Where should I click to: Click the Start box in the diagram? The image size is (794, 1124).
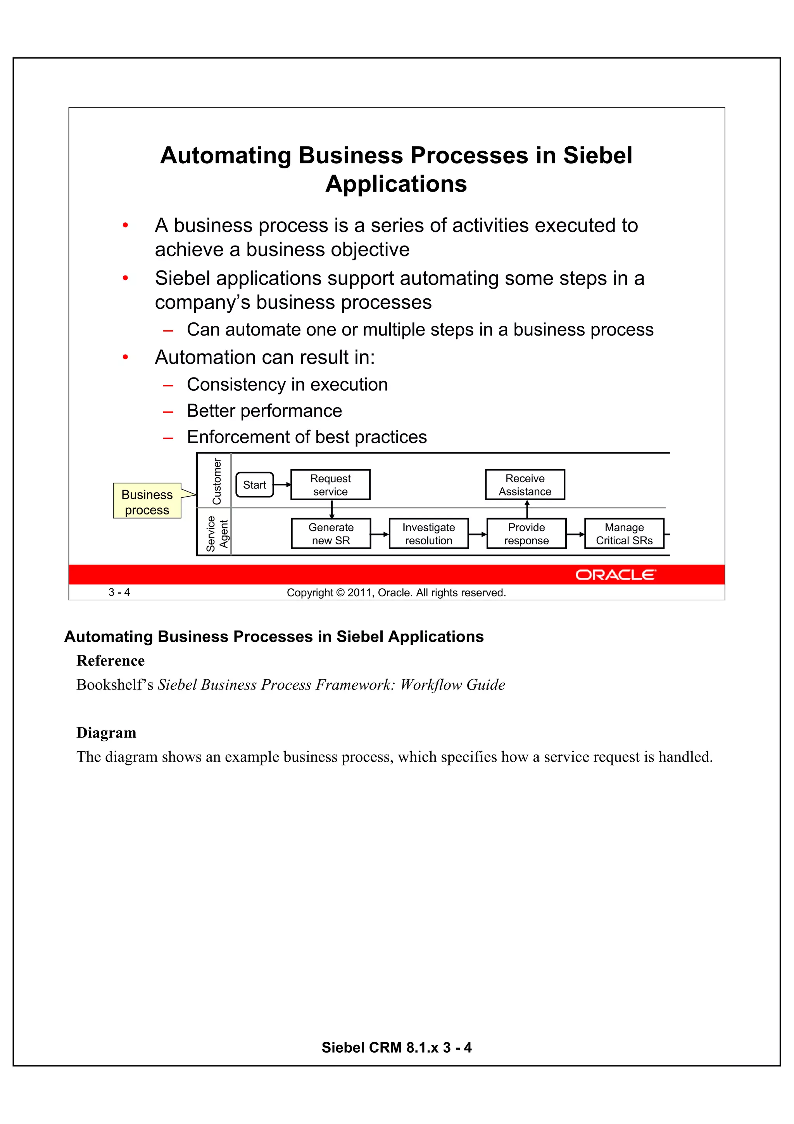[254, 485]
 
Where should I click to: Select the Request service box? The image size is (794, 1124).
[330, 485]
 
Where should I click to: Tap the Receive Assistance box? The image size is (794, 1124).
[525, 485]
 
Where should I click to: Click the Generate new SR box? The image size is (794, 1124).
[331, 533]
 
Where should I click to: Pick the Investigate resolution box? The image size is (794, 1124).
[428, 533]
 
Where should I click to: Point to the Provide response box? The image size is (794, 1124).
[526, 533]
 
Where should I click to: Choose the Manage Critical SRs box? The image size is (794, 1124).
[624, 533]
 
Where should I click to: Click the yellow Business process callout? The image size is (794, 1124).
[147, 502]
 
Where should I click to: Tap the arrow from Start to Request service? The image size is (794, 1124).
[282, 485]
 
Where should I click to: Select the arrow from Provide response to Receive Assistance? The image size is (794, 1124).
[527, 509]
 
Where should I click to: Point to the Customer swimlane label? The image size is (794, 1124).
[216, 481]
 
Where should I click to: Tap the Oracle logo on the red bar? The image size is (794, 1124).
[615, 575]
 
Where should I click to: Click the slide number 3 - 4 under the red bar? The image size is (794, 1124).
[119, 592]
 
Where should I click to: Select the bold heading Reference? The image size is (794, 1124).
[110, 661]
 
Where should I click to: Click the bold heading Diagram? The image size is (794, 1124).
[106, 733]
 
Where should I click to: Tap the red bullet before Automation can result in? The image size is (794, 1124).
[125, 357]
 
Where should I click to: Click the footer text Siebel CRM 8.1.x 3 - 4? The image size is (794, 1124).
[396, 1047]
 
